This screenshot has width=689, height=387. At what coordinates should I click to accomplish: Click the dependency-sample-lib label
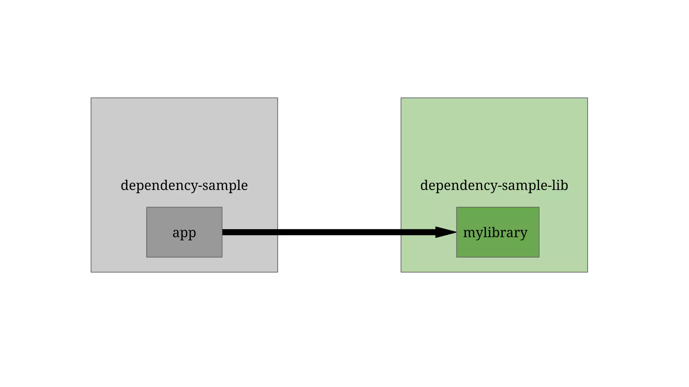pyautogui.click(x=494, y=185)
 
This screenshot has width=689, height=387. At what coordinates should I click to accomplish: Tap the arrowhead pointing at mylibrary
pyautogui.click(x=446, y=232)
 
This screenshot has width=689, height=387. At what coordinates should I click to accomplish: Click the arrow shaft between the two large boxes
pyautogui.click(x=339, y=232)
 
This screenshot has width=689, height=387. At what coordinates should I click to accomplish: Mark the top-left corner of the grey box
pyautogui.click(x=91, y=98)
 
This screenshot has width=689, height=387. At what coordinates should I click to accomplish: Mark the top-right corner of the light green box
pyautogui.click(x=587, y=98)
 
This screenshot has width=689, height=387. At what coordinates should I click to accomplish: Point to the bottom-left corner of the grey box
pyautogui.click(x=91, y=272)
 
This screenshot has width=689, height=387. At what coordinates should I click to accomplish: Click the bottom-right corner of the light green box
pyautogui.click(x=587, y=272)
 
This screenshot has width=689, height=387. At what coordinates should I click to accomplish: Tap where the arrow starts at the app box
pyautogui.click(x=223, y=232)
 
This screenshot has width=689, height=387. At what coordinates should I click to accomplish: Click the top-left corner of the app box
pyautogui.click(x=147, y=207)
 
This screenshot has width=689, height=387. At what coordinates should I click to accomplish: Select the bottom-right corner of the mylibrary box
pyautogui.click(x=539, y=257)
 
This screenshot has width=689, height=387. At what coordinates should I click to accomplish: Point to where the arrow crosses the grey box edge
pyautogui.click(x=278, y=232)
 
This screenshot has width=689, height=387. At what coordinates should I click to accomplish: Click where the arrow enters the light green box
pyautogui.click(x=401, y=232)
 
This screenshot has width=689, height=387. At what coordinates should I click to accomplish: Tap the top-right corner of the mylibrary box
pyautogui.click(x=539, y=207)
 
